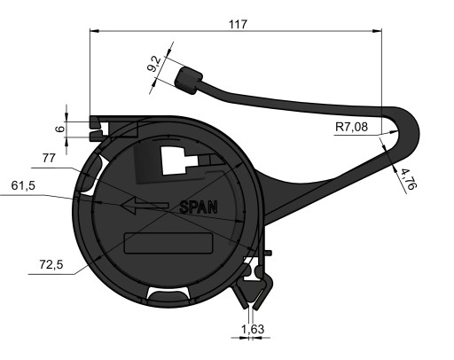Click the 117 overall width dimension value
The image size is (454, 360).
(x=238, y=24)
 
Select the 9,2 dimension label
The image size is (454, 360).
(x=154, y=64)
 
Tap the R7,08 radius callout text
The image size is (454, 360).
(x=352, y=127)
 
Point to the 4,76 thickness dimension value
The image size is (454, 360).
(x=409, y=178)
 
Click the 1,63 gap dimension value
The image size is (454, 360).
(x=253, y=329)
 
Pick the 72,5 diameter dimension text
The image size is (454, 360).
(x=51, y=264)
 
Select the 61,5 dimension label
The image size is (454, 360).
(x=23, y=185)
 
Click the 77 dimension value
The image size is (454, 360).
(x=49, y=158)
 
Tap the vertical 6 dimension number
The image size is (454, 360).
(x=60, y=129)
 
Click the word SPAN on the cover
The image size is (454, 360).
(x=199, y=207)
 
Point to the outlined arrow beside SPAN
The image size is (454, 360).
(x=145, y=205)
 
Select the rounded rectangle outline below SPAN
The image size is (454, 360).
(x=168, y=243)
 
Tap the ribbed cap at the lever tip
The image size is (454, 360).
(x=189, y=81)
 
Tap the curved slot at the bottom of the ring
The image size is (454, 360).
(x=168, y=294)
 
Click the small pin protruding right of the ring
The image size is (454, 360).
(x=269, y=253)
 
